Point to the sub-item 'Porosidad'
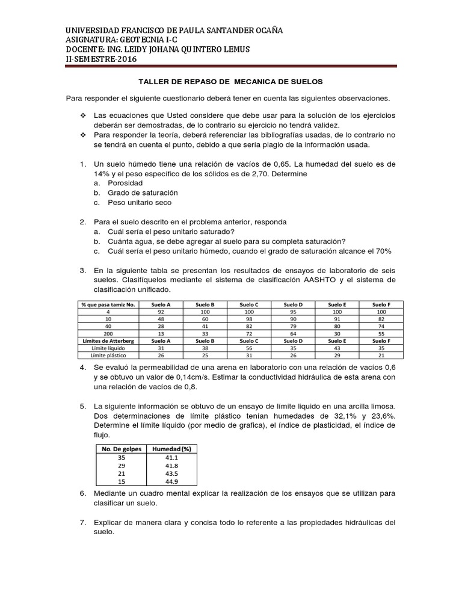click(x=125, y=183)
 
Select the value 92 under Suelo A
click(x=160, y=312)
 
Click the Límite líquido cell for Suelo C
click(x=248, y=348)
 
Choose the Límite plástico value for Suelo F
click(x=380, y=356)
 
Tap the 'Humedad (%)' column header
click(x=171, y=449)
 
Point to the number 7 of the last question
click(x=82, y=522)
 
